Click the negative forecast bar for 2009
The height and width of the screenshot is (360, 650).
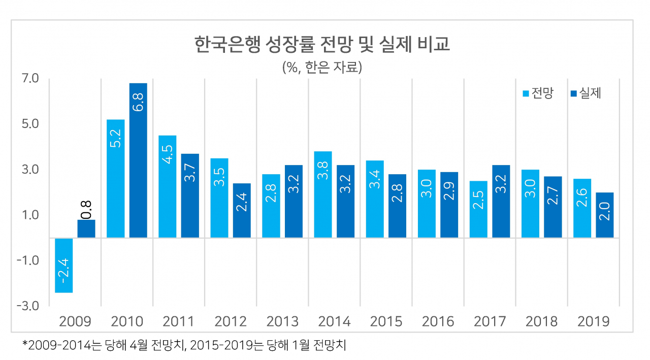(64, 266)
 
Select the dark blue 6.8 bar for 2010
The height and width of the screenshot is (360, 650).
(138, 160)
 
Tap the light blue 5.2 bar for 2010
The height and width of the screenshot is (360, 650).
(115, 179)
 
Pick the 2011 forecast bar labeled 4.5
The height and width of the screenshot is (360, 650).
(168, 186)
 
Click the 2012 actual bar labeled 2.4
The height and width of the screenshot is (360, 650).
(242, 211)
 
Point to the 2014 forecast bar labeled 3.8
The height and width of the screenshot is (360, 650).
(323, 194)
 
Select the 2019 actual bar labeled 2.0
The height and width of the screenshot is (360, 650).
(605, 215)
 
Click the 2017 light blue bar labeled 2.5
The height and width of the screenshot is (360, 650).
(478, 209)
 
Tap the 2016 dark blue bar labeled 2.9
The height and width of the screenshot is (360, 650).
(449, 205)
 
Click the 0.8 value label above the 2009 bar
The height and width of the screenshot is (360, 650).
(86, 210)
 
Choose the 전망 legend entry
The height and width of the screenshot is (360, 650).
(538, 93)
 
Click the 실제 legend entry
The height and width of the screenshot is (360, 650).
(586, 93)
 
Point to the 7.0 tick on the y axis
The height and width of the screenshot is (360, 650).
(30, 78)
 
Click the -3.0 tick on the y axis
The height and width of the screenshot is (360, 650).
(28, 306)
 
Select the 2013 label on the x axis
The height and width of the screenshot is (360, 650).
(282, 321)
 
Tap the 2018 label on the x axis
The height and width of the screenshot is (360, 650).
(541, 321)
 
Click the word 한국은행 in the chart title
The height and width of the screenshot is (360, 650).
(227, 44)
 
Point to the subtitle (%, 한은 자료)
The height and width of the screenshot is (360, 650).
(322, 68)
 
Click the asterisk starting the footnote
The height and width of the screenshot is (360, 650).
(25, 343)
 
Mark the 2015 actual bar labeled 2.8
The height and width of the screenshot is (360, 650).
(397, 206)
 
